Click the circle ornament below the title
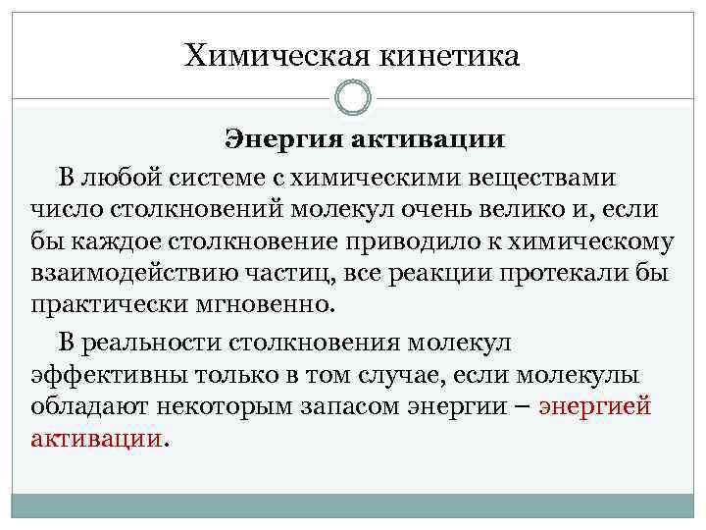(x=353, y=97)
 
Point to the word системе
(x=259, y=178)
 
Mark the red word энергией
(x=595, y=406)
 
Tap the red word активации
(x=96, y=438)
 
